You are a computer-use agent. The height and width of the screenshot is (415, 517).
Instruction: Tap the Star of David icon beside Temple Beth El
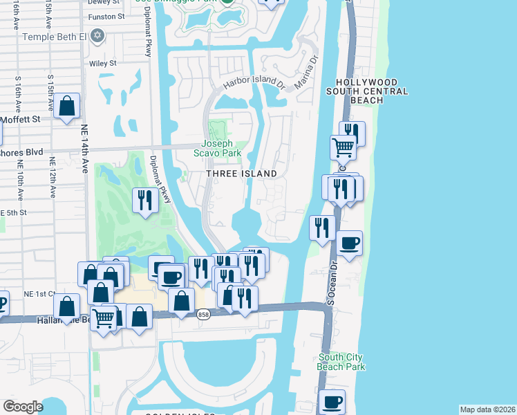(97, 35)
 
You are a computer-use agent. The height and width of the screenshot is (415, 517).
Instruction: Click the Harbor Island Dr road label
(254, 83)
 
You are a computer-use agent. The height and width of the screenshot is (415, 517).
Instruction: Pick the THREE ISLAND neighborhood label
(241, 174)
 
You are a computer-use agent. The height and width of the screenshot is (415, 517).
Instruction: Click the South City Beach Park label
(341, 362)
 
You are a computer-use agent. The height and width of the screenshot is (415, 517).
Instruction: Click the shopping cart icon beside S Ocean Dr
(343, 147)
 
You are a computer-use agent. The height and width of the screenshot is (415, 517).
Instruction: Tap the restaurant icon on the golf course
(144, 200)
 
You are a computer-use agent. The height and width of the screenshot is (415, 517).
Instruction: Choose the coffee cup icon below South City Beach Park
(332, 402)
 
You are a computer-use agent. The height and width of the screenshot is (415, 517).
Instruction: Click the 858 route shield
(203, 314)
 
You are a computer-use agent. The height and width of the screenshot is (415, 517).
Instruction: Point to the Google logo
(23, 407)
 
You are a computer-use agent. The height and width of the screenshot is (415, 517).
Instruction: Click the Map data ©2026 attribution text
(487, 409)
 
